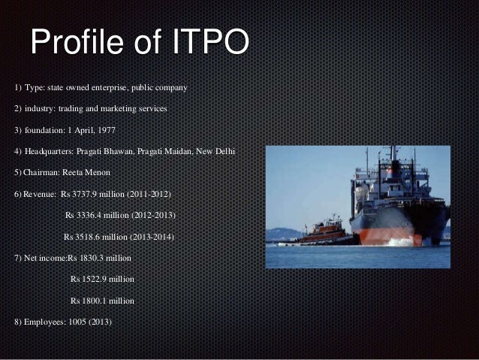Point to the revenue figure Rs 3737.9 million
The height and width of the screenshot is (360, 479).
[92, 194]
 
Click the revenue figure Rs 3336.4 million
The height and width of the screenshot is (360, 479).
[97, 215]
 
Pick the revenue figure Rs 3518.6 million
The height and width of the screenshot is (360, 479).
[95, 237]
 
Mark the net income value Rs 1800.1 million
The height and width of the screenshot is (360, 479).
[102, 301]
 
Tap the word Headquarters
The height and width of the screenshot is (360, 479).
[50, 152]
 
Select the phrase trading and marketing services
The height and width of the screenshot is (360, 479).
[111, 109]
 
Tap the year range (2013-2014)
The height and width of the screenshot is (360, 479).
[152, 237]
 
